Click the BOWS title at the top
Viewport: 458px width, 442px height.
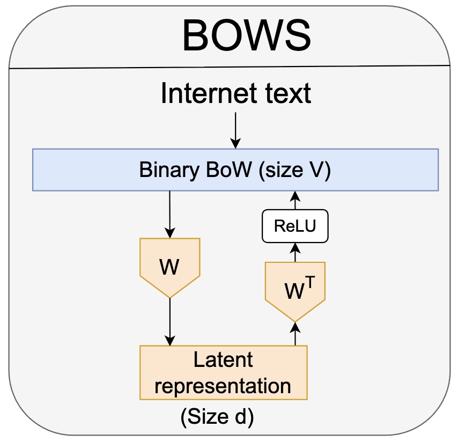pos(246,36)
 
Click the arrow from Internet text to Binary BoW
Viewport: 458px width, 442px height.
pos(235,130)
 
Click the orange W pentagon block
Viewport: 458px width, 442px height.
pos(169,266)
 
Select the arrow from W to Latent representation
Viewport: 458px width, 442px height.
pos(169,322)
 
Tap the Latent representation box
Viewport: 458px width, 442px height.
pos(223,372)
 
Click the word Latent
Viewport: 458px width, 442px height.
pos(223,359)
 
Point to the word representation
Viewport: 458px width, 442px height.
pos(223,385)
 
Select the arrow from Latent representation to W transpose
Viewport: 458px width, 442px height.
pos(295,333)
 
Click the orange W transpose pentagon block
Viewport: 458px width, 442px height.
pos(295,290)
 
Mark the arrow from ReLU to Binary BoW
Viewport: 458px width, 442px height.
pos(295,201)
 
